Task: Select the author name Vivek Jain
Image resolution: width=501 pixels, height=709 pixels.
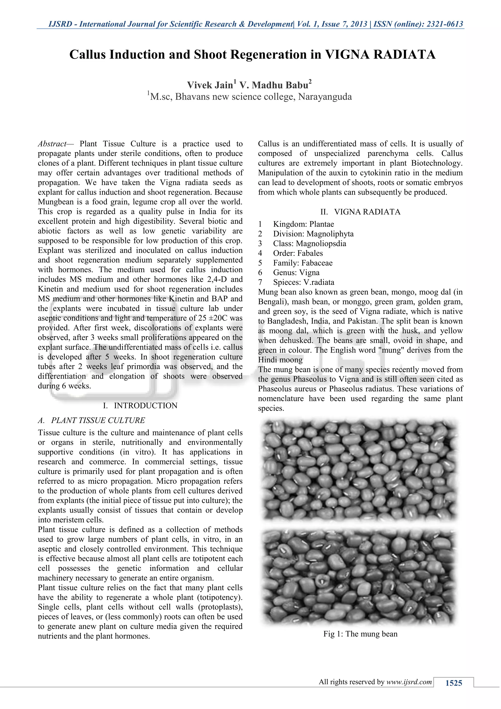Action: point(210,85)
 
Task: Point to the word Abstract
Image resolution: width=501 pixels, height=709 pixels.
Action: point(52,144)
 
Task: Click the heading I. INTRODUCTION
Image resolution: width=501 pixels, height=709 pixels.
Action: point(140,405)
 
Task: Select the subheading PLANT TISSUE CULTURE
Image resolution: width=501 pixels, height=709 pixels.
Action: point(98,420)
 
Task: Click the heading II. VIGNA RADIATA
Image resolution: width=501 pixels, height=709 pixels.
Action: point(360,212)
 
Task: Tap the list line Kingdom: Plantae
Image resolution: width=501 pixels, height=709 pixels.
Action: point(303,224)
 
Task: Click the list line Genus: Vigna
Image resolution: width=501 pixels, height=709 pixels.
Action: point(296,273)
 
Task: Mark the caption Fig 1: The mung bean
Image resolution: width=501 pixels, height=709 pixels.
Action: point(360,634)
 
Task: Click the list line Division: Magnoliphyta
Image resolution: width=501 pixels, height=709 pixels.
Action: point(313,234)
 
